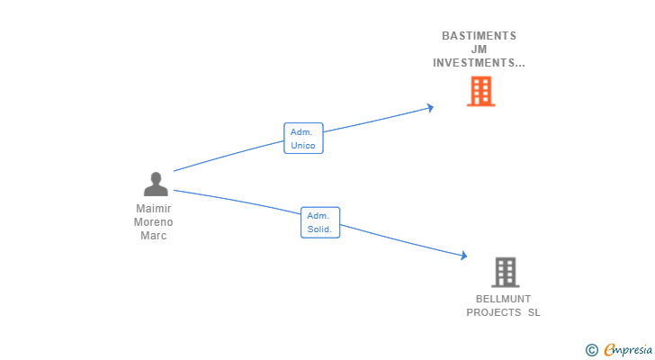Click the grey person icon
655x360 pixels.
[x=156, y=184]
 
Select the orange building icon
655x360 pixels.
[x=480, y=91]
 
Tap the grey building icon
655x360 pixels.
[x=506, y=272]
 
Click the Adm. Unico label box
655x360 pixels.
[x=303, y=139]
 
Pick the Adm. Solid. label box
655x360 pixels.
[x=320, y=222]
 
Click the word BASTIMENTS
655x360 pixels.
[x=479, y=36]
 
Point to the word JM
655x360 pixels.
[x=479, y=49]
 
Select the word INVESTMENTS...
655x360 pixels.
[x=475, y=63]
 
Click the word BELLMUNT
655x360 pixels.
[x=503, y=299]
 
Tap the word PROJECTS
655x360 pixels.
[x=493, y=312]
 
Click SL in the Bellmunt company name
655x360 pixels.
[x=534, y=312]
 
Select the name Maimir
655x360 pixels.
[x=154, y=209]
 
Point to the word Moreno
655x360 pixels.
[x=154, y=222]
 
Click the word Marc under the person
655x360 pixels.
[x=154, y=236]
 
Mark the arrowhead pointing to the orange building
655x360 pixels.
[x=431, y=108]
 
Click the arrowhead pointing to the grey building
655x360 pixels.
[x=463, y=256]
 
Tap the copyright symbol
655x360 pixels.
[x=591, y=349]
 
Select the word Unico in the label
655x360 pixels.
[x=303, y=146]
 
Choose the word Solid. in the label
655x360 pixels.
[x=320, y=229]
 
